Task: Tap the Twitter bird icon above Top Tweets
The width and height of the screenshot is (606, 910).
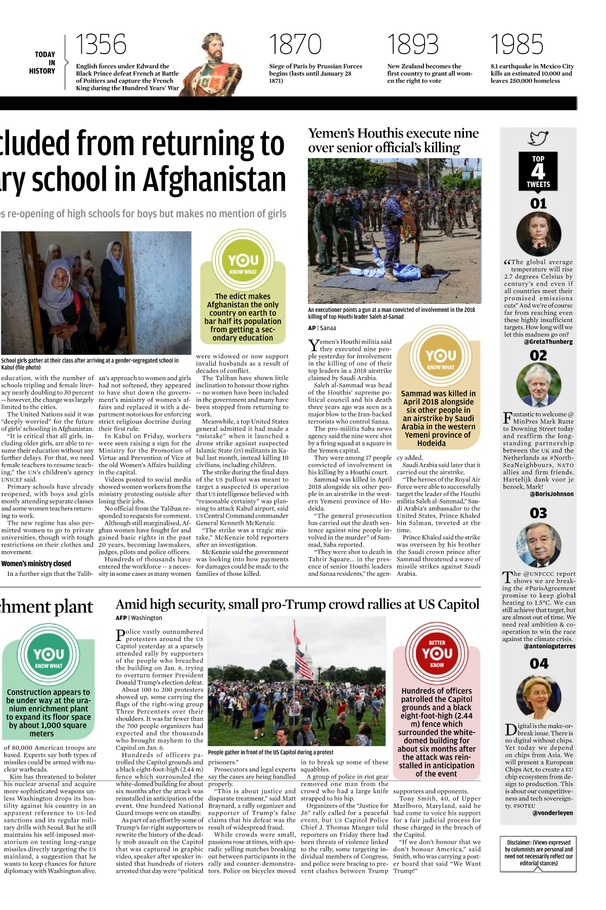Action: pyautogui.click(x=538, y=138)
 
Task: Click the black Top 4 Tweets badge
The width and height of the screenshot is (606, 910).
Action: pyautogui.click(x=538, y=171)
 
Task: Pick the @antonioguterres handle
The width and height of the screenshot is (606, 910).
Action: pyautogui.click(x=549, y=646)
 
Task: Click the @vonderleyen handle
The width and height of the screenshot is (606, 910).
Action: pyautogui.click(x=552, y=813)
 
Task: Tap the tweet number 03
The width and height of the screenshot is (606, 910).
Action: pyautogui.click(x=538, y=513)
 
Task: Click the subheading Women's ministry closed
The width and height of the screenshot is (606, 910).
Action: pyautogui.click(x=36, y=564)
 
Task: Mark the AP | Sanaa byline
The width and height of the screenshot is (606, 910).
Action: pyautogui.click(x=322, y=328)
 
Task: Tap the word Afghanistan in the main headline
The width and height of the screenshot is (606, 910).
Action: pyautogui.click(x=214, y=179)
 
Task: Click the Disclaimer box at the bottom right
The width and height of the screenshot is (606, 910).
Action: pyautogui.click(x=538, y=853)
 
